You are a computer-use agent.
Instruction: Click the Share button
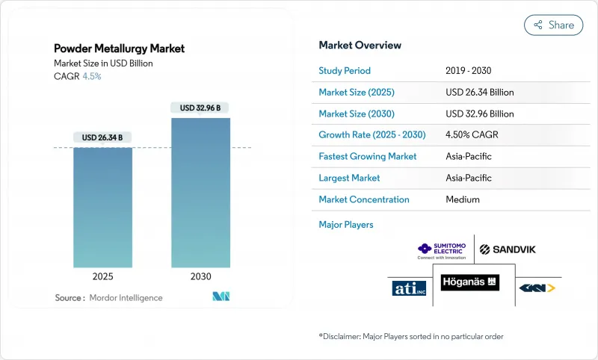tap(554, 25)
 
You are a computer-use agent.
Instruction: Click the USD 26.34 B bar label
tap(103, 137)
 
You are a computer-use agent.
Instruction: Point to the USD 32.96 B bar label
tap(201, 108)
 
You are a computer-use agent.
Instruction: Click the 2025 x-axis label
tap(103, 276)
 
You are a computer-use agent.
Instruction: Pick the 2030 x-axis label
tap(201, 276)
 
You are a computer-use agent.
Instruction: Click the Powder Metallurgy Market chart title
tap(119, 49)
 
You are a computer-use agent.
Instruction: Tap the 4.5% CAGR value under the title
tap(92, 75)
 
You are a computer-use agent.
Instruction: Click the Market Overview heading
tap(360, 45)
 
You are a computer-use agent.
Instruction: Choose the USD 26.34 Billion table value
tap(479, 93)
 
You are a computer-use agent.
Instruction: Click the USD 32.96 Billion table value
tap(479, 114)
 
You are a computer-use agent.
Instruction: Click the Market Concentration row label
tap(363, 199)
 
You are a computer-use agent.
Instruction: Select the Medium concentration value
tap(462, 199)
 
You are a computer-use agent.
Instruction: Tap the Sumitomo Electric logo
tap(441, 249)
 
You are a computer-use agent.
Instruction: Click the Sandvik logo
tap(508, 249)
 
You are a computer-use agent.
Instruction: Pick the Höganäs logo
tap(469, 283)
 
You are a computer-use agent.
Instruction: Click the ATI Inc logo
tap(408, 288)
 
